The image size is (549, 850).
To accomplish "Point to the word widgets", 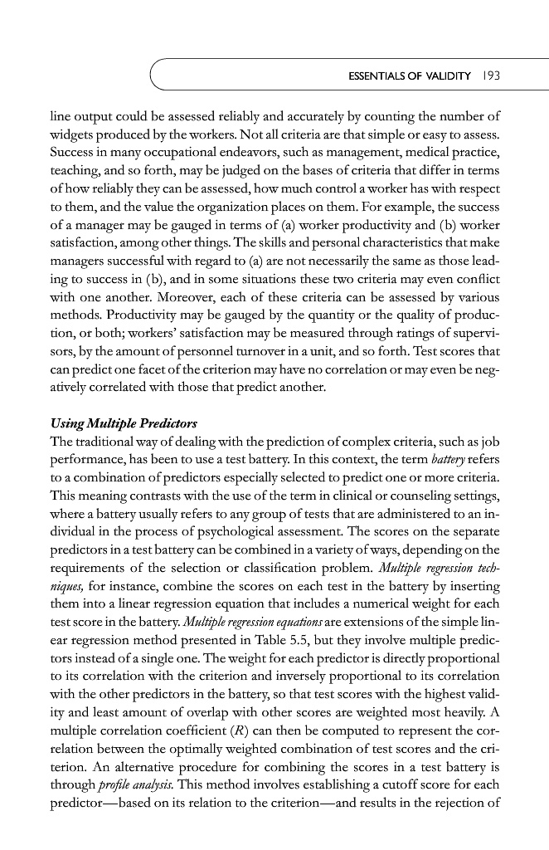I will click(70, 135).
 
